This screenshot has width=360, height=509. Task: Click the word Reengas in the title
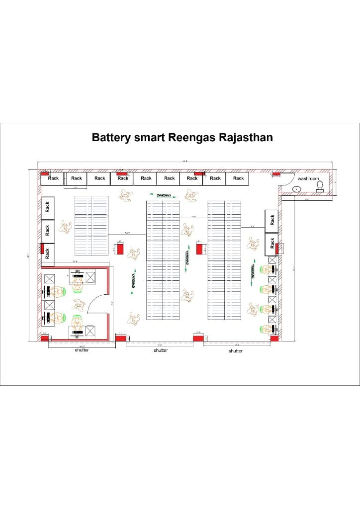pyautogui.click(x=192, y=137)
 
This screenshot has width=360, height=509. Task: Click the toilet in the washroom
pyautogui.click(x=320, y=185)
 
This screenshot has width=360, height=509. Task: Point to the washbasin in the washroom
pyautogui.click(x=296, y=189)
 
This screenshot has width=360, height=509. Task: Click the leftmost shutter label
pyautogui.click(x=82, y=350)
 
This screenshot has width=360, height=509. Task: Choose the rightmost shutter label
pyautogui.click(x=236, y=351)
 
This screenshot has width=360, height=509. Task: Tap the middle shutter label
pyautogui.click(x=161, y=350)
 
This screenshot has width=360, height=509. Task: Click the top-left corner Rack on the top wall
pyautogui.click(x=53, y=178)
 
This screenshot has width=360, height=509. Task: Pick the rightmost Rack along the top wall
pyautogui.click(x=239, y=178)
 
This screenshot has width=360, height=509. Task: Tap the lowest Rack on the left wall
pyautogui.click(x=47, y=253)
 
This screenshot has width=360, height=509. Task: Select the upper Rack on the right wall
pyautogui.click(x=272, y=220)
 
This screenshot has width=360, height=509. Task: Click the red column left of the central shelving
pyautogui.click(x=120, y=248)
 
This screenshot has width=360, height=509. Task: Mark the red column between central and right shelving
pyautogui.click(x=200, y=248)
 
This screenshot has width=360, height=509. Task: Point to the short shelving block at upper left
pyautogui.click(x=91, y=225)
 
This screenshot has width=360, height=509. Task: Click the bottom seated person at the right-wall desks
pyautogui.click(x=265, y=329)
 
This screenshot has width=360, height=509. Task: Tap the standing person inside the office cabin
pyautogui.click(x=77, y=323)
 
